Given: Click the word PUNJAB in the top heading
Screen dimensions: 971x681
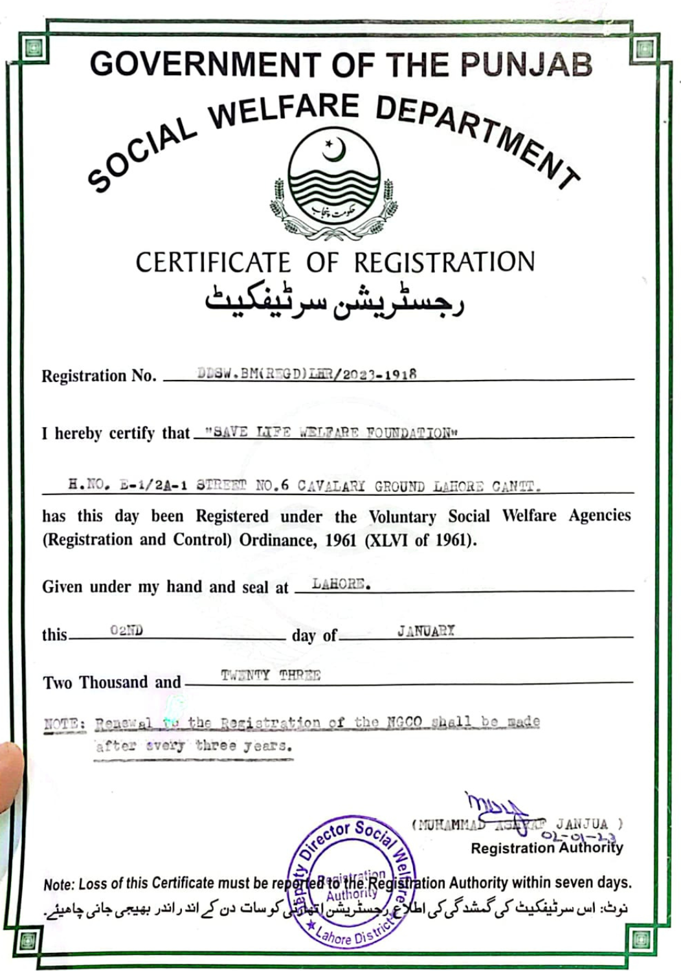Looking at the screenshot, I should point(526,65).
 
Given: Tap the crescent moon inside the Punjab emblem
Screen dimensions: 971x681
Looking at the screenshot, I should point(335,151).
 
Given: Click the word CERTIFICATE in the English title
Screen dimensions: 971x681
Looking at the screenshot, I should point(213,263).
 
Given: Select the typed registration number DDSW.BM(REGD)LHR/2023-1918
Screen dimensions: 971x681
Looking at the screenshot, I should point(307,374).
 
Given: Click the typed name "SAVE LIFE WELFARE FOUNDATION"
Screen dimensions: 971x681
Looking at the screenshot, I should point(331,432).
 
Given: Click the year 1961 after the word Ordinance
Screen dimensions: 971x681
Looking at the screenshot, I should point(341,540).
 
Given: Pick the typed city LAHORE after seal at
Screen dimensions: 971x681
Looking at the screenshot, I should point(341,584).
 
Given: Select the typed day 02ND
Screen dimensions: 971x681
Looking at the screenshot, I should point(126,630).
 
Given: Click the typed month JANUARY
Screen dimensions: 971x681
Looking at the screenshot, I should point(425,630).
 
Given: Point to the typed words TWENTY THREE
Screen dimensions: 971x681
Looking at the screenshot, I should point(271,675).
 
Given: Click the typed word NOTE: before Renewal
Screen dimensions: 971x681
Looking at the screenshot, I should point(65,723).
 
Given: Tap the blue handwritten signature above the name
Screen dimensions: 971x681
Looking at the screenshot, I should point(496,808).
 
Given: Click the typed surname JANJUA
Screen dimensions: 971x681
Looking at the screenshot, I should point(581,824).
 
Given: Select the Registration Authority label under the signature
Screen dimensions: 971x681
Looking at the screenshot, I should point(546,848).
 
